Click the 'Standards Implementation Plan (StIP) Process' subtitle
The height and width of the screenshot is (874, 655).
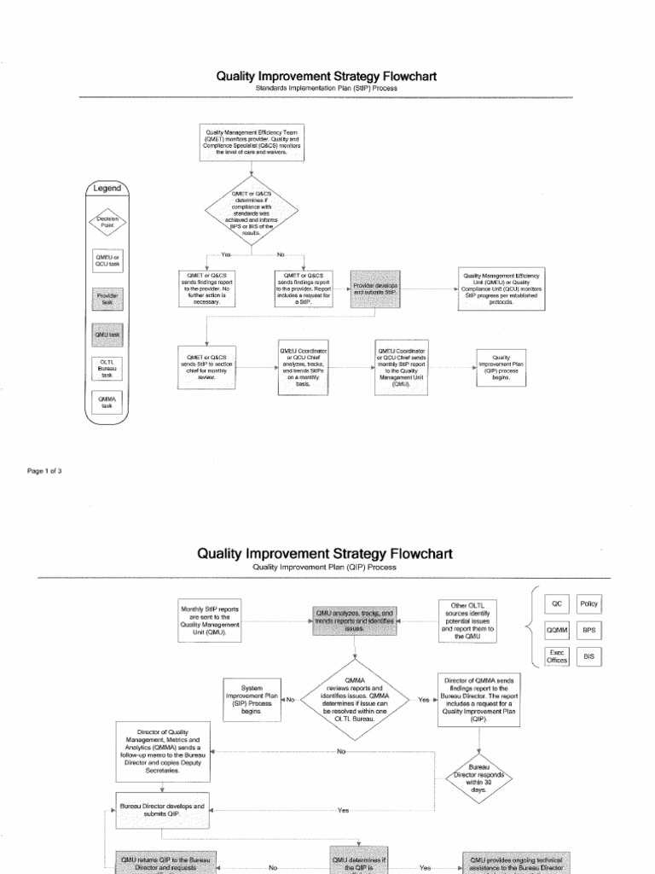pyautogui.click(x=327, y=88)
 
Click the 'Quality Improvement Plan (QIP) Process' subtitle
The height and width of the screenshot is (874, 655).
pyautogui.click(x=325, y=567)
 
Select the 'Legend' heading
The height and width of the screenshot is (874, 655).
pyautogui.click(x=107, y=189)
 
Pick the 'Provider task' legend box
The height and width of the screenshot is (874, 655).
pyautogui.click(x=107, y=298)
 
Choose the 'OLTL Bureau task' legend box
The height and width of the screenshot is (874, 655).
pyautogui.click(x=107, y=368)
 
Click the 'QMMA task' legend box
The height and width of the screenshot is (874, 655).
pyautogui.click(x=107, y=403)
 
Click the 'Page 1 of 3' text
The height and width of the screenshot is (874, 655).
pyautogui.click(x=44, y=471)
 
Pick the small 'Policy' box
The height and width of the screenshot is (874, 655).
pyautogui.click(x=589, y=603)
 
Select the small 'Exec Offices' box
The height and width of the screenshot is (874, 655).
pyautogui.click(x=557, y=656)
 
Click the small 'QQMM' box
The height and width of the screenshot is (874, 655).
pyautogui.click(x=557, y=630)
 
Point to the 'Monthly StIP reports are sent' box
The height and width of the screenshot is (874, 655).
pyautogui.click(x=211, y=621)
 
